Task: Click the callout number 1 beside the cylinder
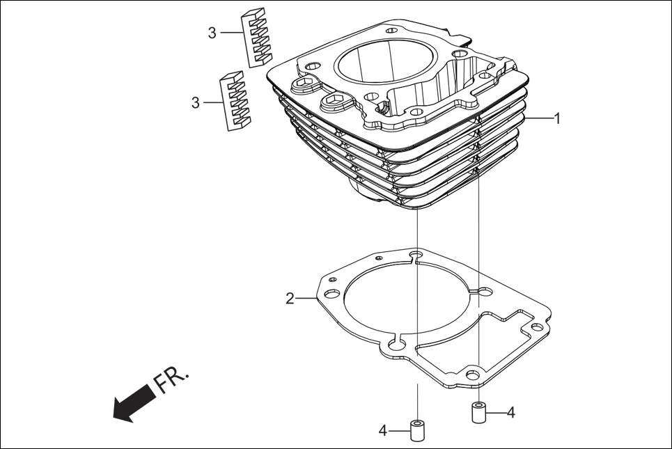pyautogui.click(x=556, y=118)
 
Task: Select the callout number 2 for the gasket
pyautogui.click(x=290, y=299)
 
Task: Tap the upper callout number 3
pyautogui.click(x=212, y=33)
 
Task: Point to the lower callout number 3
pyautogui.click(x=196, y=103)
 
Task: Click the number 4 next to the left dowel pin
pyautogui.click(x=382, y=431)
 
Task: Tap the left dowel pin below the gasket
pyautogui.click(x=417, y=431)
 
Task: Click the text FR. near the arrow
pyautogui.click(x=171, y=380)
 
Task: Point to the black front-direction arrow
pyautogui.click(x=134, y=403)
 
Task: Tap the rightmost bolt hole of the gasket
pyautogui.click(x=536, y=327)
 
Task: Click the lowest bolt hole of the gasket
pyautogui.click(x=474, y=376)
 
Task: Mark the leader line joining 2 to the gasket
pyautogui.click(x=306, y=299)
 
